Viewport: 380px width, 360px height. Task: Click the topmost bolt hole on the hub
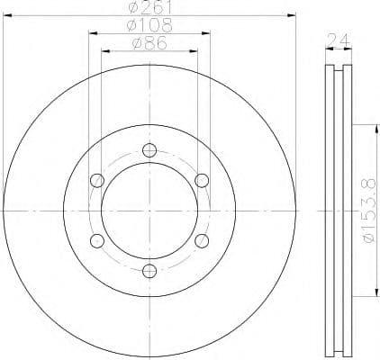[149, 152]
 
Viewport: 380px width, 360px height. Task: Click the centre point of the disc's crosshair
[149, 211]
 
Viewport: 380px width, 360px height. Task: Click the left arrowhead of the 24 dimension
[325, 47]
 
